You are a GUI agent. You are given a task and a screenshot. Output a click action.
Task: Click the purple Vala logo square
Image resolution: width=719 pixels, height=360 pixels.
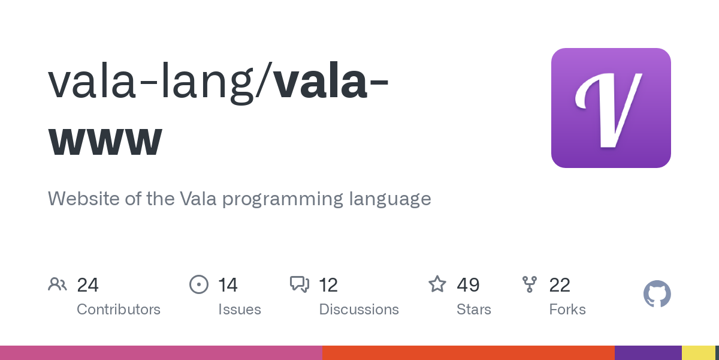[611, 108]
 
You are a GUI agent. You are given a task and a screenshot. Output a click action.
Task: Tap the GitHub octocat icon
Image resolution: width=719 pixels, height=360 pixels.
[657, 294]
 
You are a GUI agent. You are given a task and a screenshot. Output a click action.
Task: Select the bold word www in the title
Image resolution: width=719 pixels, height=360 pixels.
[105, 139]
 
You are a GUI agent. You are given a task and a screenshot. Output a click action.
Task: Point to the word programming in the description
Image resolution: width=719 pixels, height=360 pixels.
[283, 198]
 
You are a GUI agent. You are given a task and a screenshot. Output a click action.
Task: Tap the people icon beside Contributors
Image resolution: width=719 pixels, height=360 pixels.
[58, 284]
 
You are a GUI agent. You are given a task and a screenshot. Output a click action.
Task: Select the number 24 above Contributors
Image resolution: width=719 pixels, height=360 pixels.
[87, 284]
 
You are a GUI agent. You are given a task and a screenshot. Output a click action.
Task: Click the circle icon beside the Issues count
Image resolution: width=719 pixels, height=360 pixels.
[198, 284]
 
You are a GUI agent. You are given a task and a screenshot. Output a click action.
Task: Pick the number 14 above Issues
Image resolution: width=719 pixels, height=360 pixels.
[228, 284]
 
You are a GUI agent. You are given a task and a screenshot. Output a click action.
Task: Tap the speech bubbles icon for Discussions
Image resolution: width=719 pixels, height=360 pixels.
[299, 284]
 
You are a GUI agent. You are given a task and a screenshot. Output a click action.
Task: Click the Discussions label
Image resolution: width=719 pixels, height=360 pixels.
[359, 310]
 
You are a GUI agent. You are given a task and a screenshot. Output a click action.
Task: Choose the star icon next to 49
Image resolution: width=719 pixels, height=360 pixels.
[437, 284]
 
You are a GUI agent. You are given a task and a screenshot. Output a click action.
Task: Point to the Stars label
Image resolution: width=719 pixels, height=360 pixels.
[474, 310]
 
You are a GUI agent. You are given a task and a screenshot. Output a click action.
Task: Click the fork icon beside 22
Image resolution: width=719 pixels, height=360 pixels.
[530, 284]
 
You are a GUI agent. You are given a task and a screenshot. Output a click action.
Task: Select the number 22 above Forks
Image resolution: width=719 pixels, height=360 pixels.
[560, 284]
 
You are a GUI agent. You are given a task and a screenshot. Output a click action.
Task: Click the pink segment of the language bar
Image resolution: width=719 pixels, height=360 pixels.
[161, 353]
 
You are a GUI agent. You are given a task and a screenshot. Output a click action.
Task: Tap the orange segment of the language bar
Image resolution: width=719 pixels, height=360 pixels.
[468, 353]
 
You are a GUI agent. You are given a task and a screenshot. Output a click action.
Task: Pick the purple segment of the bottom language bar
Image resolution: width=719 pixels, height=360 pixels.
[648, 353]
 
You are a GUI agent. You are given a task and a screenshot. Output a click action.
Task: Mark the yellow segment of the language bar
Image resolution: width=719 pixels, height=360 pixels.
[698, 353]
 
